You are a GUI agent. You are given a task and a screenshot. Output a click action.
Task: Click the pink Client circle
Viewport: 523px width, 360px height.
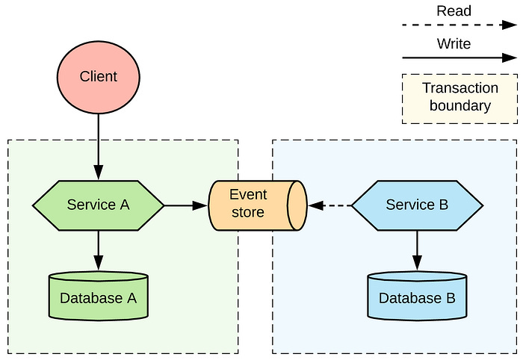tap(99, 77)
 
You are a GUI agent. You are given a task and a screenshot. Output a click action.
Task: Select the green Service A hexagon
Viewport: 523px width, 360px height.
tap(98, 205)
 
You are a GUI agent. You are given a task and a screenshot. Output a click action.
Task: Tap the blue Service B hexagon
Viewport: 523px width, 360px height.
tap(417, 205)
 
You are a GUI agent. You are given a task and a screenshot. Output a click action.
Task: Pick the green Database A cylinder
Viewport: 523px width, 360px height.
tap(98, 297)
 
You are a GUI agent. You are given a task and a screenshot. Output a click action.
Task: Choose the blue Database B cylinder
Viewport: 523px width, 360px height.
tap(417, 297)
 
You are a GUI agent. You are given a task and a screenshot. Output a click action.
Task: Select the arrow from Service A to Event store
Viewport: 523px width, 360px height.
tap(186, 205)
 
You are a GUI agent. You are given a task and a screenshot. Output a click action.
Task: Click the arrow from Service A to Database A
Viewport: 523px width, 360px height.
tap(99, 250)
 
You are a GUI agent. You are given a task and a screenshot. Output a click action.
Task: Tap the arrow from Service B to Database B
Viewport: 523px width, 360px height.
tap(417, 250)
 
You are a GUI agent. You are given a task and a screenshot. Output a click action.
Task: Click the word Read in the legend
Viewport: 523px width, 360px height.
tap(454, 11)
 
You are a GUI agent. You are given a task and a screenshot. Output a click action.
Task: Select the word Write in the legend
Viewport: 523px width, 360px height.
tap(454, 44)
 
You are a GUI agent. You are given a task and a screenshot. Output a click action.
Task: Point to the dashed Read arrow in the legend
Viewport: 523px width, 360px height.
tap(454, 26)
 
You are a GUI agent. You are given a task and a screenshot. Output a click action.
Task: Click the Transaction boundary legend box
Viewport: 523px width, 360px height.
tap(459, 98)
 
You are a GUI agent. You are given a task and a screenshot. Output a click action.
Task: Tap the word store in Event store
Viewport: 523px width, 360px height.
tap(248, 213)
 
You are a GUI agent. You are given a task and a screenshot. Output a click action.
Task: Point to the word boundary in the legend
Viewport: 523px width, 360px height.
tap(459, 106)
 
